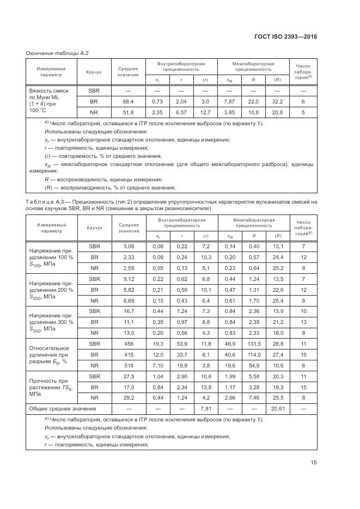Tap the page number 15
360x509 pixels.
[x=314, y=463]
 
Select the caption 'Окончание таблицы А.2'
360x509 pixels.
[x=57, y=53]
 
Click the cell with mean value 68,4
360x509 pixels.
[x=128, y=102]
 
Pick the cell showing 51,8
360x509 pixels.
[x=128, y=113]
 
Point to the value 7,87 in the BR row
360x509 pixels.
[x=229, y=102]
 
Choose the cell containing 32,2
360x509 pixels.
[x=278, y=102]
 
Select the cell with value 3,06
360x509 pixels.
[x=129, y=247]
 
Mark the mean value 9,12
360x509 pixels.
[x=129, y=279]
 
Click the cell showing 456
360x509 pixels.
[x=129, y=344]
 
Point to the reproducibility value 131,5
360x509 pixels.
[x=253, y=344]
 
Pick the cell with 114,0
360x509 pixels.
[x=253, y=354]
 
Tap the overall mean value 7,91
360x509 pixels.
[x=205, y=408]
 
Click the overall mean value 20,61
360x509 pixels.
[x=278, y=408]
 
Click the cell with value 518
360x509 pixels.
[x=129, y=365]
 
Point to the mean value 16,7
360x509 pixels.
[x=129, y=311]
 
